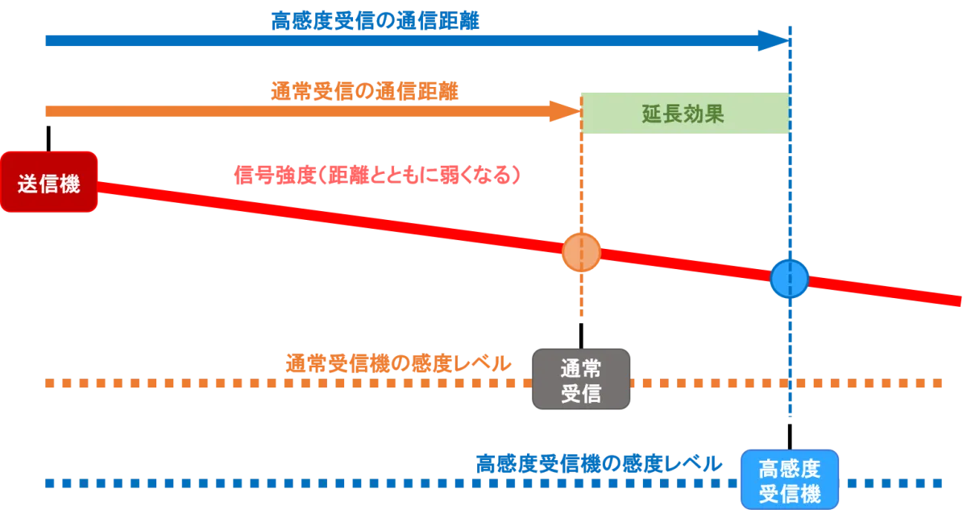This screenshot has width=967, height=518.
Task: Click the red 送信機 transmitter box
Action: pyautogui.click(x=49, y=182)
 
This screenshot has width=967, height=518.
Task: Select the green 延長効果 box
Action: pyautogui.click(x=685, y=113)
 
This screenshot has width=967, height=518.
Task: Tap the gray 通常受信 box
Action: pyautogui.click(x=580, y=380)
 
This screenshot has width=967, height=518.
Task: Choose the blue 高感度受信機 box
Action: pyautogui.click(x=790, y=480)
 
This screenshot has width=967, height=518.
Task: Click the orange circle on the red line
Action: pyautogui.click(x=581, y=253)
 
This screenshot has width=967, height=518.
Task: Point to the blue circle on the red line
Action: pyautogui.click(x=789, y=279)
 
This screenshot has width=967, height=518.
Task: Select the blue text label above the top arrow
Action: pyautogui.click(x=376, y=19)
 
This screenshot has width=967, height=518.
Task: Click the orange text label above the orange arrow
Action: pyautogui.click(x=365, y=91)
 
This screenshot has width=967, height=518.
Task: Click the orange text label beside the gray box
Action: pyautogui.click(x=398, y=363)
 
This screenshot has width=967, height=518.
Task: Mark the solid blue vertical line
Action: pyautogui.click(x=790, y=363)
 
